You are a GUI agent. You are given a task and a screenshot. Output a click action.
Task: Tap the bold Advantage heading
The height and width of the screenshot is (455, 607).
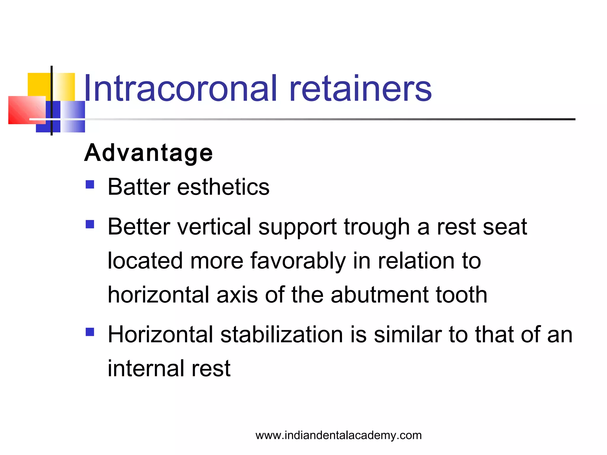click(x=148, y=153)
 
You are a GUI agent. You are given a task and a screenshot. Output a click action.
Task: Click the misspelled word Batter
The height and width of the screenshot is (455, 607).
click(x=139, y=187)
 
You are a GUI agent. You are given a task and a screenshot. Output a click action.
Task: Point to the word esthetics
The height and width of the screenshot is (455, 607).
click(x=223, y=187)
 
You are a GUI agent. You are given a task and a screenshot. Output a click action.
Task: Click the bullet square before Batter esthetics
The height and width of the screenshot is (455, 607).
click(x=90, y=185)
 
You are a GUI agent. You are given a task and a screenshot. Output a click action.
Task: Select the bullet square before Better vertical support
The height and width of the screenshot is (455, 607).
click(x=90, y=224)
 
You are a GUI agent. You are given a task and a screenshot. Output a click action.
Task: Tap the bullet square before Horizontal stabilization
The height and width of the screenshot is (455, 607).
click(x=90, y=332)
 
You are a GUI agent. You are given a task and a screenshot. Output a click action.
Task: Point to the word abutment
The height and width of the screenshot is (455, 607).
click(x=380, y=295)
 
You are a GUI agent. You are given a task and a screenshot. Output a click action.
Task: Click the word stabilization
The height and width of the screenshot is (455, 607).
click(x=282, y=335)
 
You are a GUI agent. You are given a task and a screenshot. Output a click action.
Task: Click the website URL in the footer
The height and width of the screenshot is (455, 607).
click(x=338, y=435)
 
